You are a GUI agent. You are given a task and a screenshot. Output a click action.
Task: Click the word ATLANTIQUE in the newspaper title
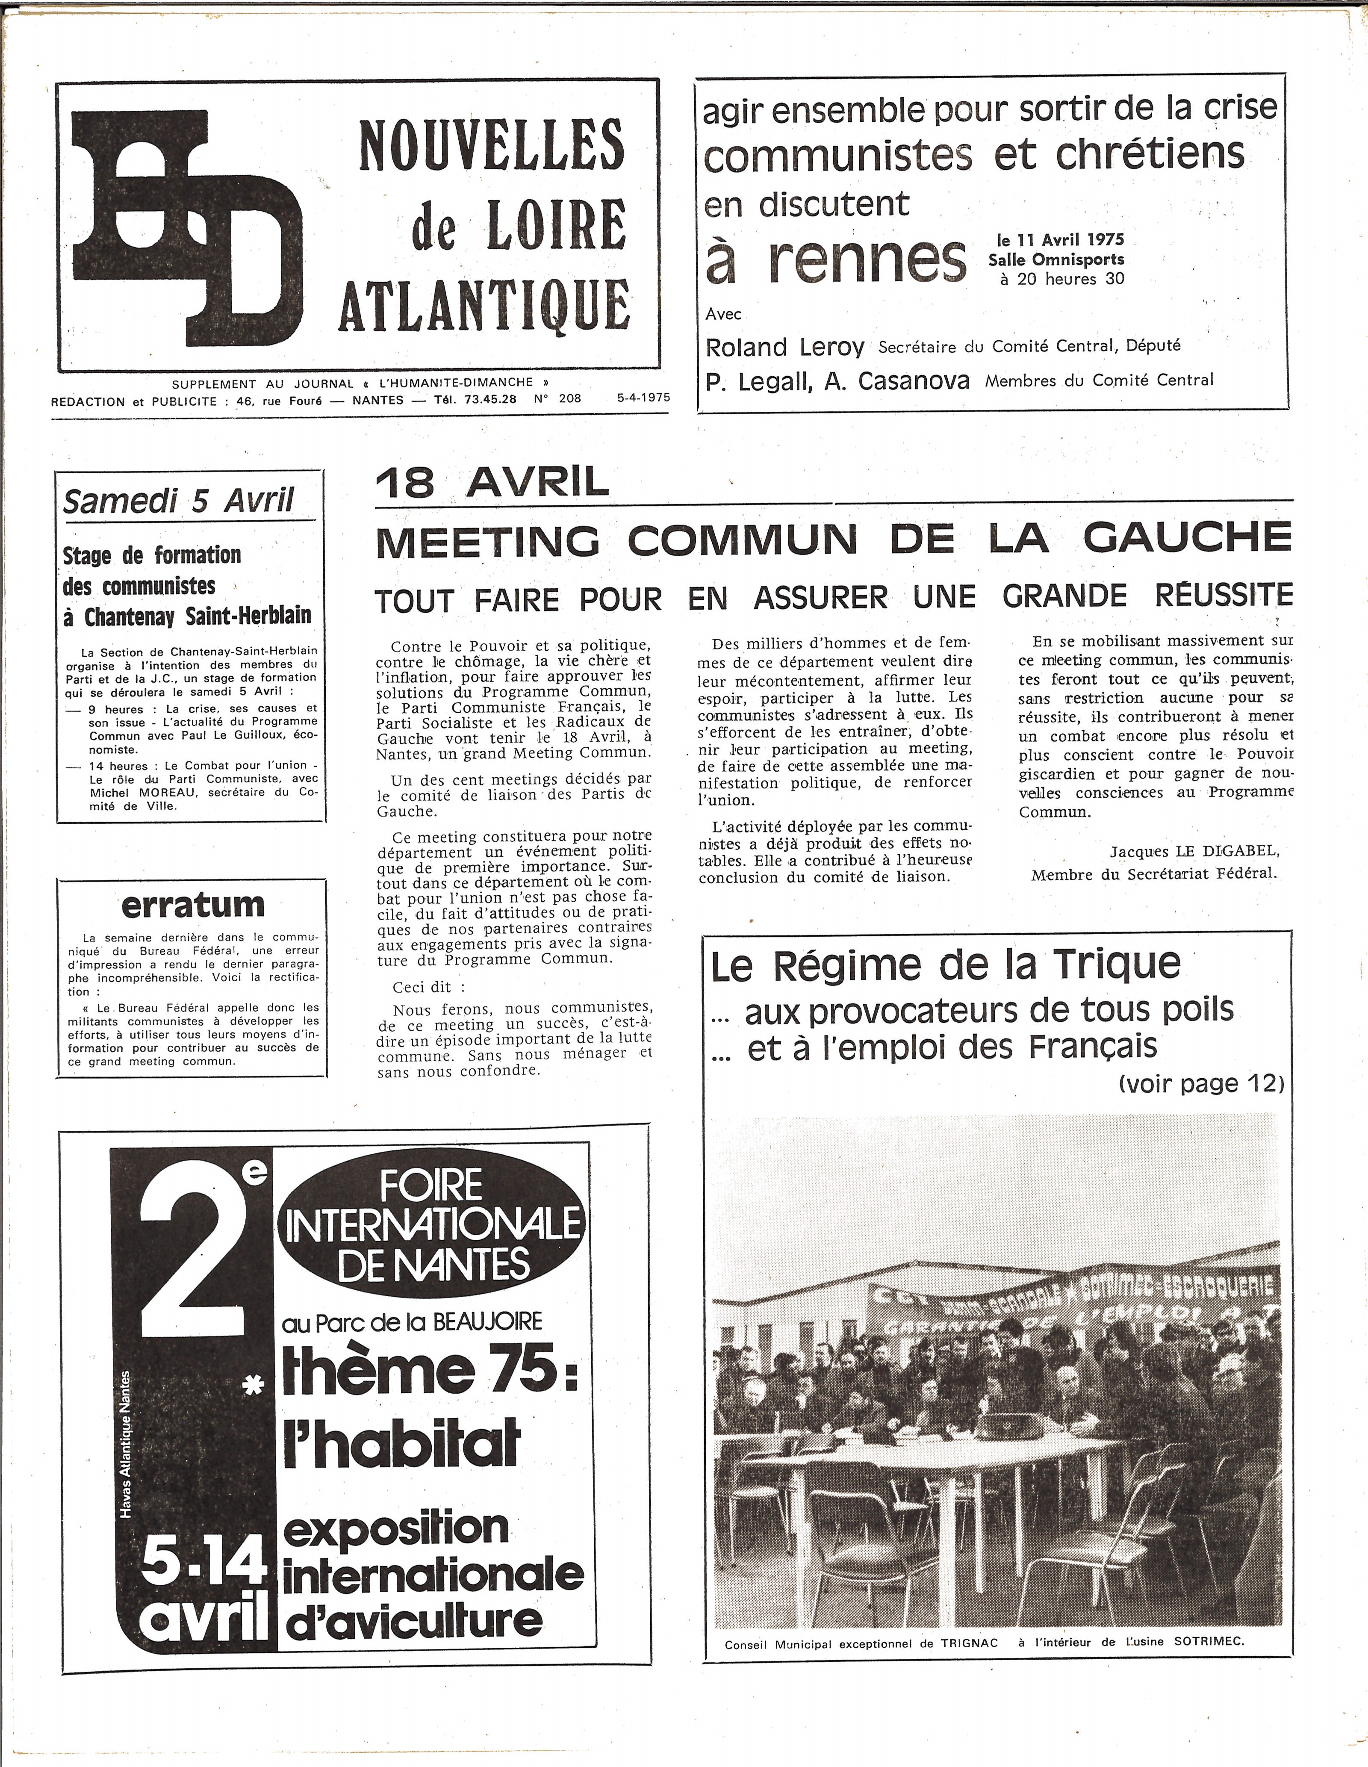coord(484,305)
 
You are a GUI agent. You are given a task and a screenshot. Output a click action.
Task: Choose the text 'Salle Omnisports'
coord(1056,260)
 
